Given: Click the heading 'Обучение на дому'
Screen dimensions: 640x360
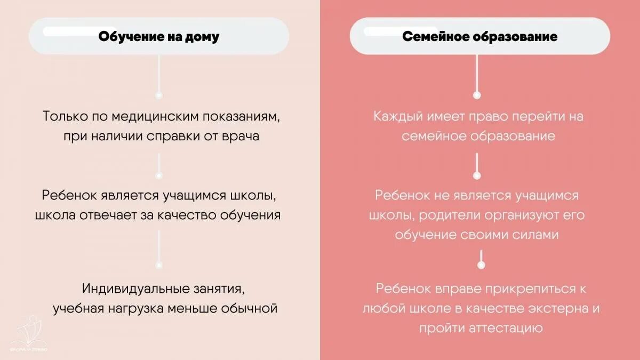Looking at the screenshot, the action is coord(159,37).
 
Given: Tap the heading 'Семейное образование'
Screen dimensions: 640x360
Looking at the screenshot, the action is coord(479,37).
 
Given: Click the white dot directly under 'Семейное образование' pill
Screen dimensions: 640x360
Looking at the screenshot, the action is coord(477,95).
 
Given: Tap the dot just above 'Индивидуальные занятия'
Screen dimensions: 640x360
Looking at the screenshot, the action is coord(158,265).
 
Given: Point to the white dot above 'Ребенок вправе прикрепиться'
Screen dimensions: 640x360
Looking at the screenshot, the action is coord(481,265).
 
